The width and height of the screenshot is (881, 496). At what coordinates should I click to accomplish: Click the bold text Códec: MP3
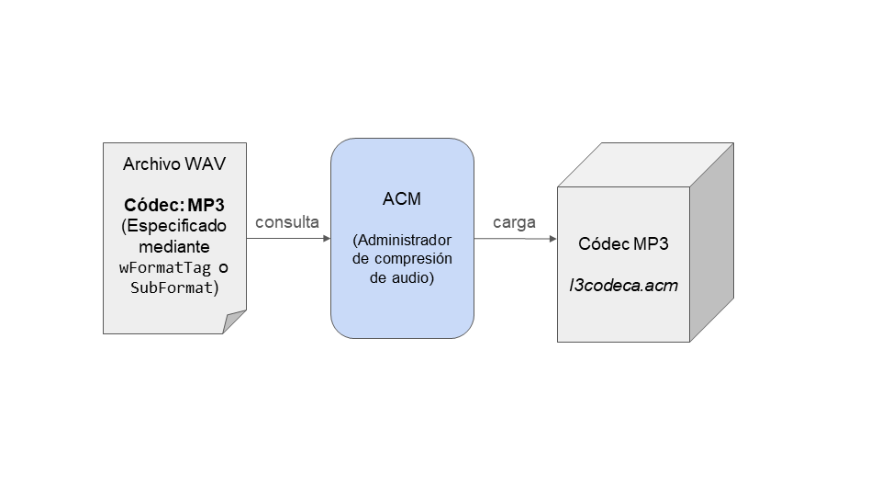point(174,204)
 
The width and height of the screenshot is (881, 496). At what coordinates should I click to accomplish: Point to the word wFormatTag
point(165,268)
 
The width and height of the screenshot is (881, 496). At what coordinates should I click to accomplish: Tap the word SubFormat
point(173,288)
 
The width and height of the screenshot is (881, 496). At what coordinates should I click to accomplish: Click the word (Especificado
point(174,225)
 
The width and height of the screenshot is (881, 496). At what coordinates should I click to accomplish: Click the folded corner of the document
point(235,321)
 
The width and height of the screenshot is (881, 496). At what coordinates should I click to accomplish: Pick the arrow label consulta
point(287,222)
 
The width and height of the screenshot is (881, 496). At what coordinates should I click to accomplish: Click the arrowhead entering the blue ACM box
point(326,239)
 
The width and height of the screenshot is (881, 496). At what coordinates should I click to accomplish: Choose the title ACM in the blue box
point(402,200)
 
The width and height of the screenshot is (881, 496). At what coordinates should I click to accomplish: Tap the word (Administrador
point(402,240)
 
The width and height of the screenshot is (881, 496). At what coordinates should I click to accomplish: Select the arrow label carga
point(514,222)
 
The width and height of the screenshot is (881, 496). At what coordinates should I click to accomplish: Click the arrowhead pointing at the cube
point(552,239)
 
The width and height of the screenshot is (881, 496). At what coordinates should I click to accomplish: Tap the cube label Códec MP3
point(623,244)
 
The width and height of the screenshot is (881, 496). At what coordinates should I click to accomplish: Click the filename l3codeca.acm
point(623,285)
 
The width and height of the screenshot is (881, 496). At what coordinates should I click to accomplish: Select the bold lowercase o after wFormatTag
point(222,268)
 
